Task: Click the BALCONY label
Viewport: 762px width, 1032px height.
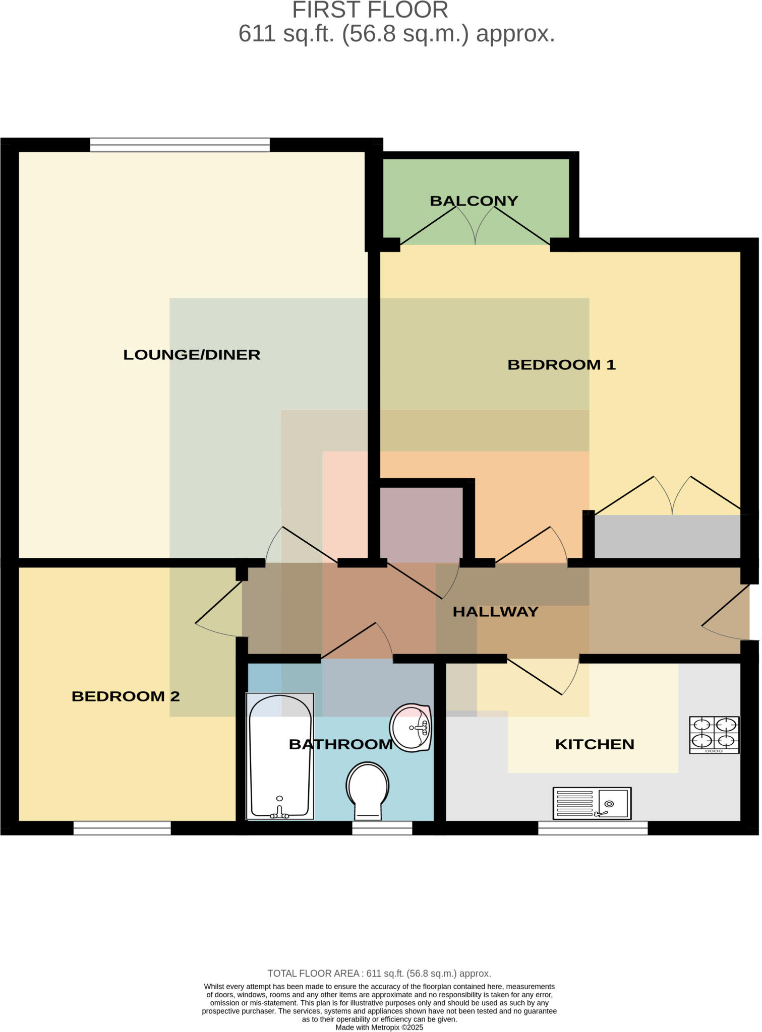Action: pyautogui.click(x=474, y=201)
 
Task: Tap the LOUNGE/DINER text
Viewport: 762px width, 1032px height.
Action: pyautogui.click(x=192, y=355)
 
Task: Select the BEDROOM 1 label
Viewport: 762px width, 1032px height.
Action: pyautogui.click(x=561, y=365)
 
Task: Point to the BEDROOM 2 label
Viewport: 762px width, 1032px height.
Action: pyautogui.click(x=126, y=696)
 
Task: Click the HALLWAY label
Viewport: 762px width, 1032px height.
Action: pyautogui.click(x=495, y=612)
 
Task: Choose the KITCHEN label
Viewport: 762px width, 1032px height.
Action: pyautogui.click(x=594, y=744)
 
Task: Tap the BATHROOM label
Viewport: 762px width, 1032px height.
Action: pyautogui.click(x=340, y=744)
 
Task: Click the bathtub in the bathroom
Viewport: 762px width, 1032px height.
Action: pyautogui.click(x=280, y=756)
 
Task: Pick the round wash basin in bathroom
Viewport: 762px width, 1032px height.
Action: pyautogui.click(x=411, y=728)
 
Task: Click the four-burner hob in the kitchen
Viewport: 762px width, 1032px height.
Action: pyautogui.click(x=714, y=735)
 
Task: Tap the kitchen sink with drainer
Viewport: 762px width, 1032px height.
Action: pyautogui.click(x=592, y=803)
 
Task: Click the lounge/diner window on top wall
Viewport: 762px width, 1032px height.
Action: pyautogui.click(x=180, y=145)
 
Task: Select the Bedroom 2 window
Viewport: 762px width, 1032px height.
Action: pyautogui.click(x=122, y=828)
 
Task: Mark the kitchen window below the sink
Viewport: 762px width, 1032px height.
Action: pyautogui.click(x=593, y=828)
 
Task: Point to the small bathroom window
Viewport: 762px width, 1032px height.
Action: pyautogui.click(x=382, y=828)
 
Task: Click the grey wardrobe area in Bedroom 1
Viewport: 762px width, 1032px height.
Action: pyautogui.click(x=667, y=536)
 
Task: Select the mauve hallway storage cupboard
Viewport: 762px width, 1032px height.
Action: pyautogui.click(x=421, y=524)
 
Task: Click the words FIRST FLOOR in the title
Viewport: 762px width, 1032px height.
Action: pyautogui.click(x=370, y=10)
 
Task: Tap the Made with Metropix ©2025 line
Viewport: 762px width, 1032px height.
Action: pyautogui.click(x=379, y=1027)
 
